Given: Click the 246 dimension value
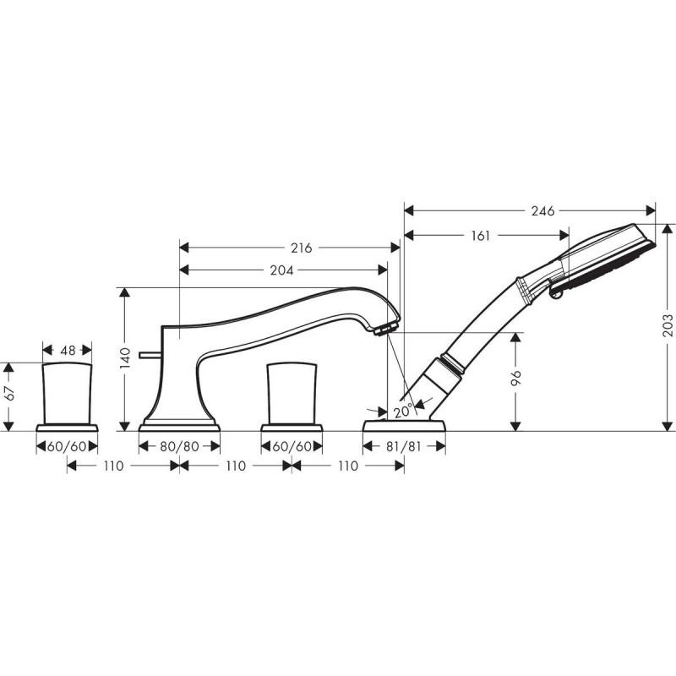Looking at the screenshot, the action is tap(542, 210).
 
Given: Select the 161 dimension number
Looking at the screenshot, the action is tap(480, 236).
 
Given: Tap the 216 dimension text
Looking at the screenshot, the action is tap(301, 248).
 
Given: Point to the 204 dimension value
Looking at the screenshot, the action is tap(281, 270).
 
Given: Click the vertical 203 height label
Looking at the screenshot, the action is tap(667, 325).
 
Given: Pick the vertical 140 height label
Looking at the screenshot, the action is tap(124, 357).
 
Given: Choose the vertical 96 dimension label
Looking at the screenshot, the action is tap(515, 378).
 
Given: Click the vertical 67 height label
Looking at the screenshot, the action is tap(9, 393).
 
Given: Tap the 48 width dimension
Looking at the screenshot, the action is tap(68, 350).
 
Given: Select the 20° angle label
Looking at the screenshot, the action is tap(403, 411).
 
